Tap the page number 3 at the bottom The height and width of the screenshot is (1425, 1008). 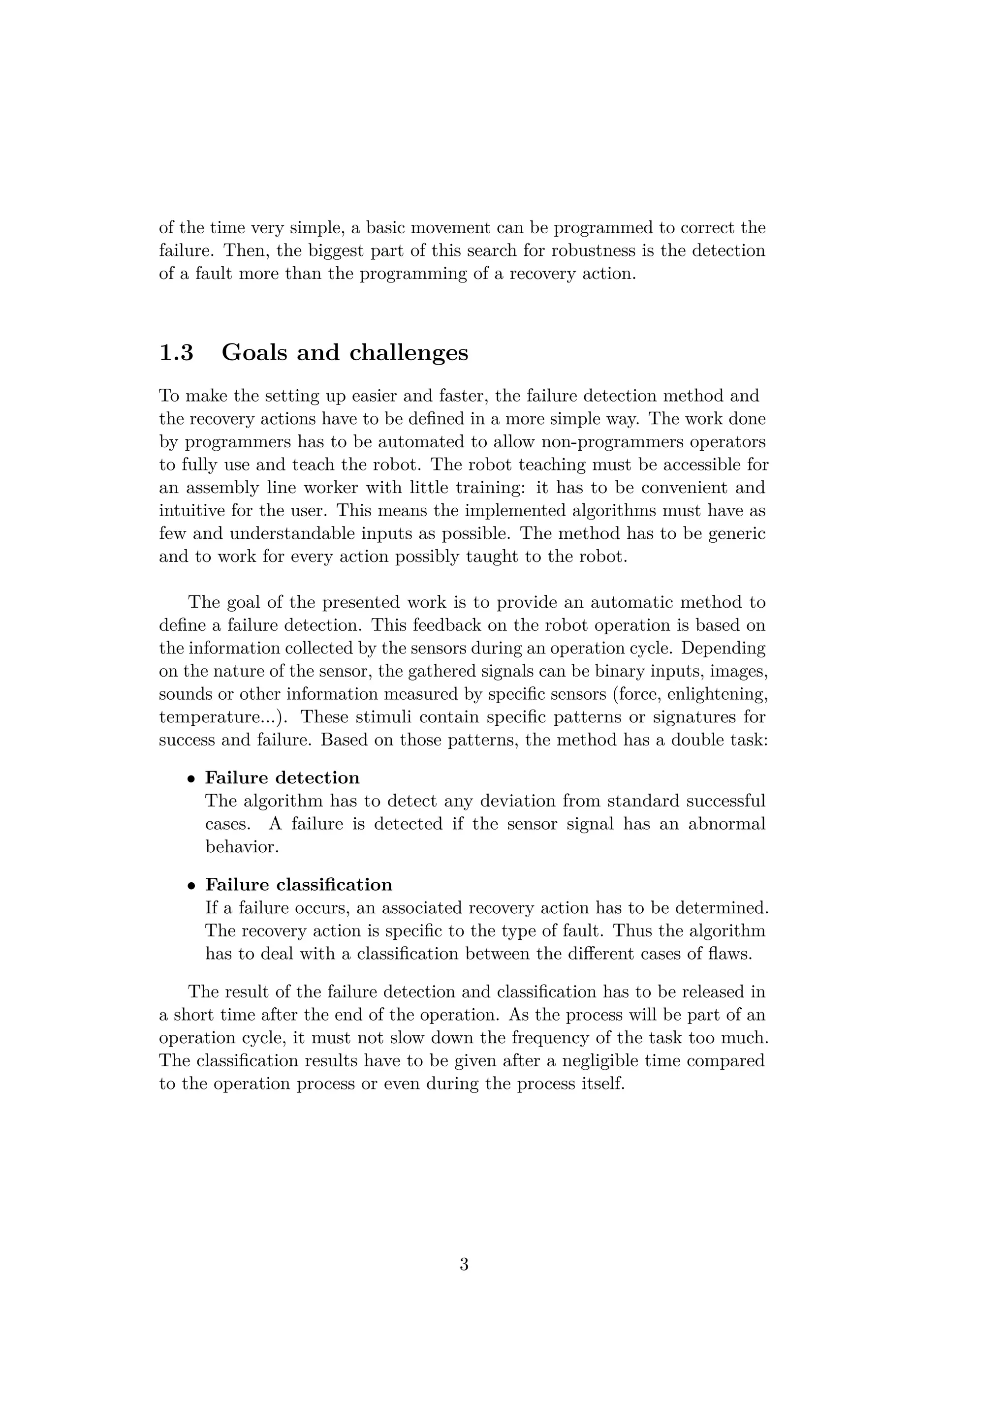tap(464, 1264)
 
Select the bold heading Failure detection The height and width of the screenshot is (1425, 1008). tap(283, 777)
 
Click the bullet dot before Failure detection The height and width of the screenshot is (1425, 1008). tap(192, 779)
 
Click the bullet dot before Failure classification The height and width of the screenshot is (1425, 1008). tap(192, 886)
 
